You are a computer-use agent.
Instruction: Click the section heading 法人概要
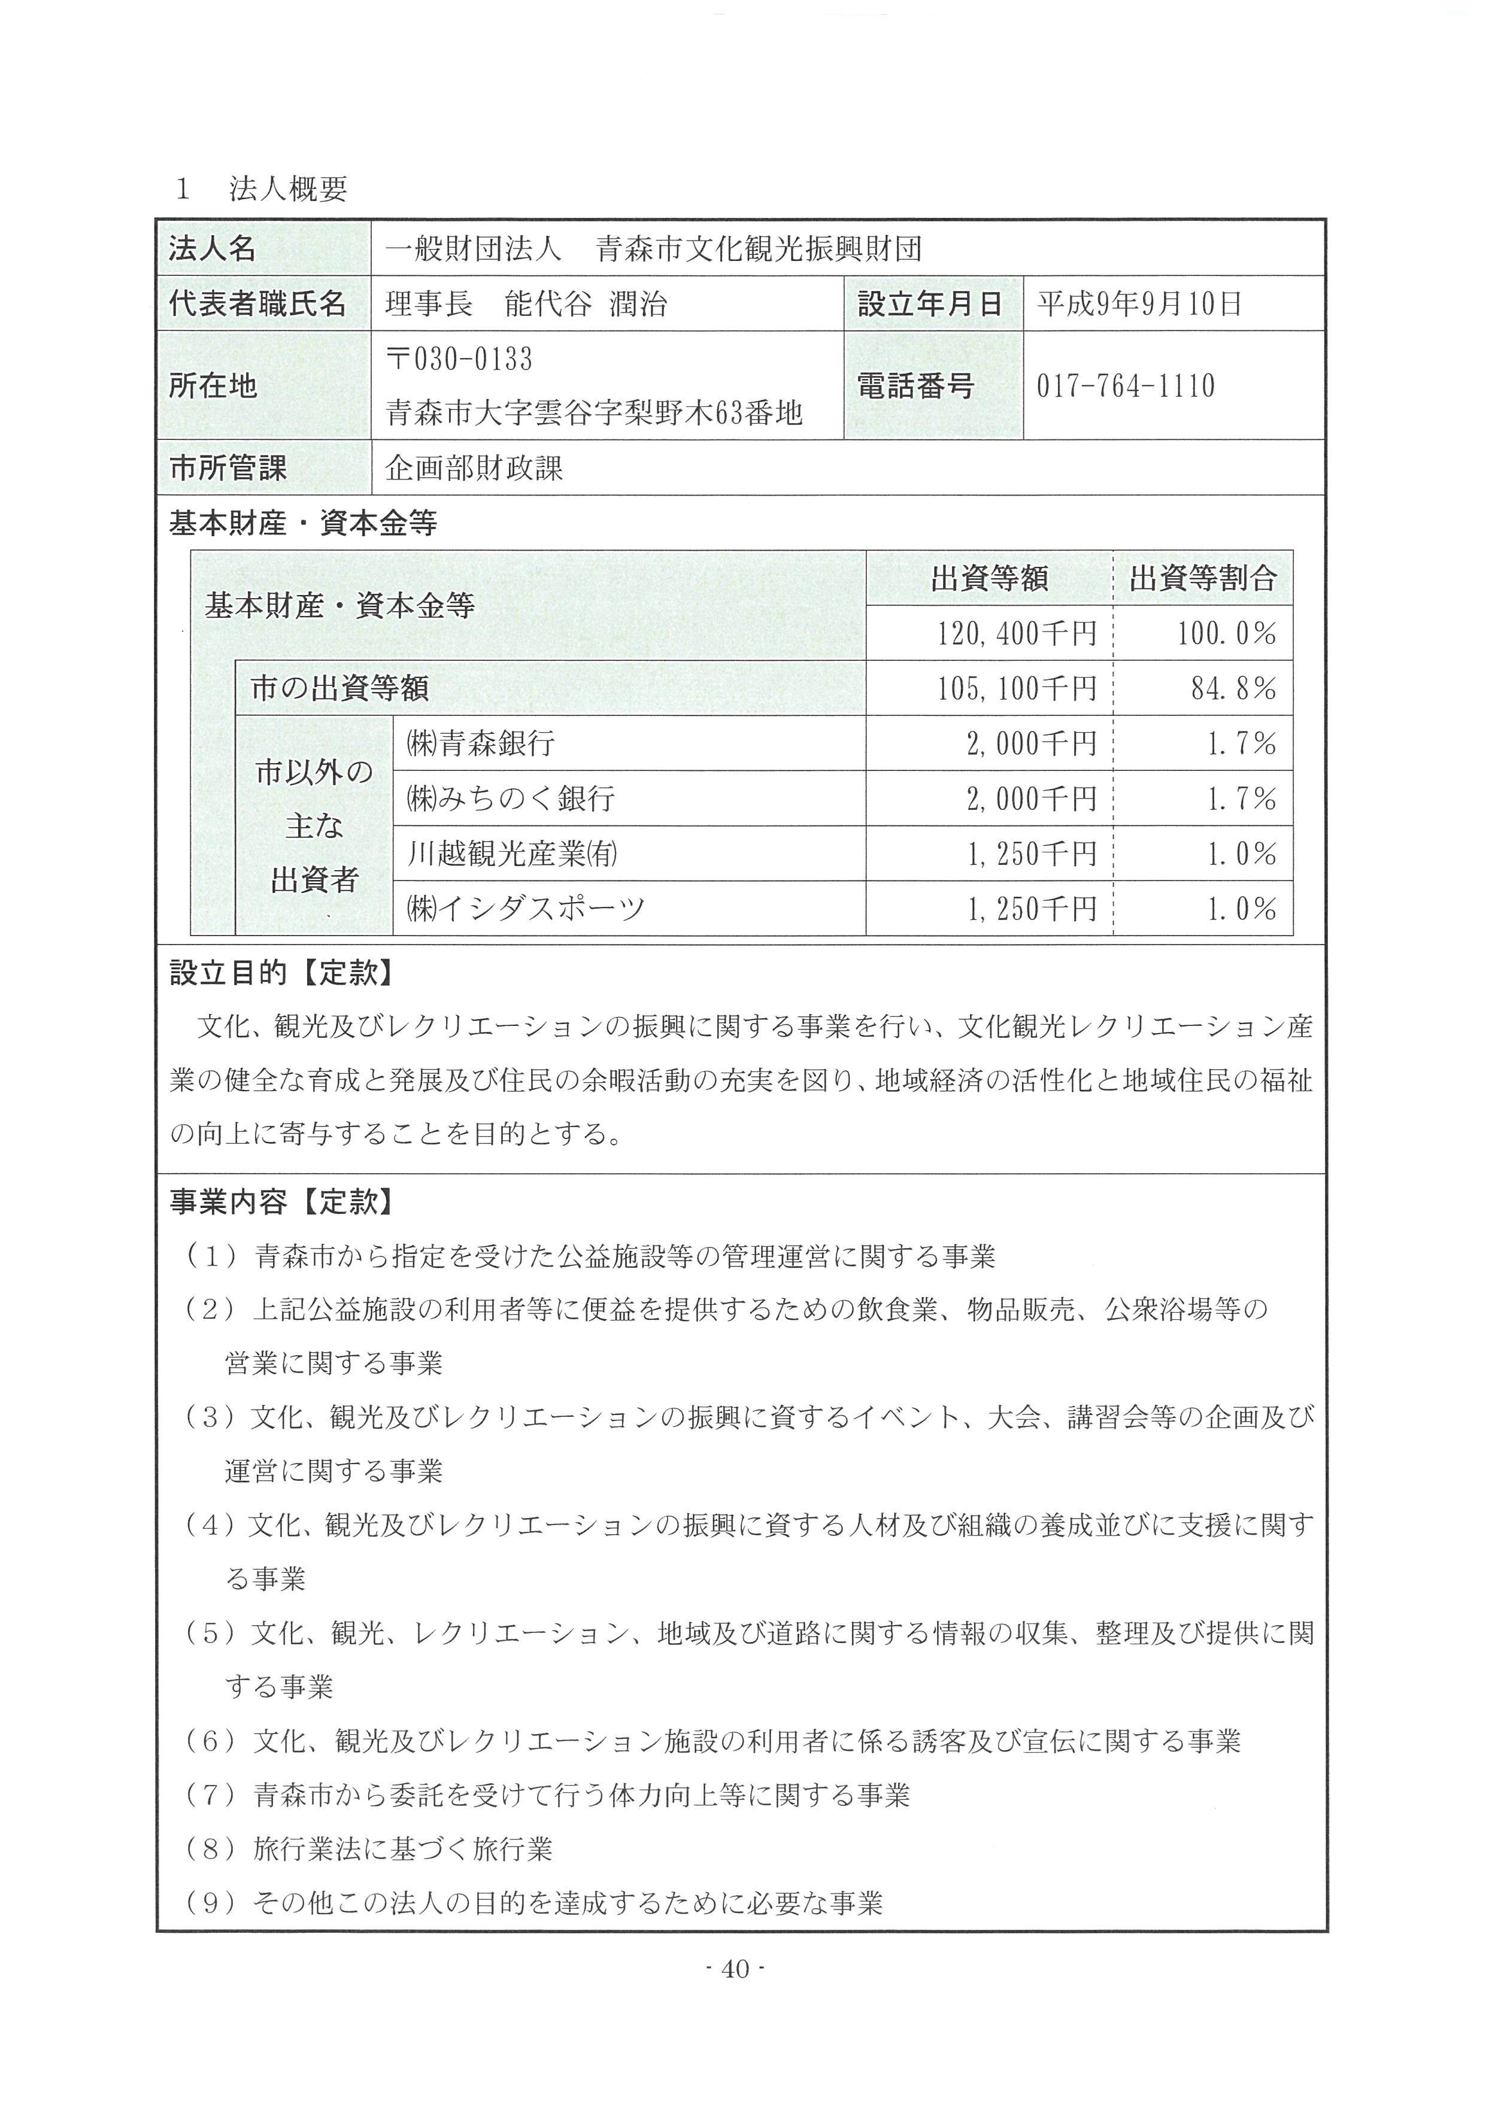[x=288, y=189]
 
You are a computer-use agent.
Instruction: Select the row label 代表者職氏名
[x=257, y=303]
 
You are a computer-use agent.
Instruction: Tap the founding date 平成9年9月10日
[x=1139, y=303]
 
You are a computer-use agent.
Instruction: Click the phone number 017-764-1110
[x=1126, y=385]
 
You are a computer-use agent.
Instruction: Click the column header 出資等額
[x=988, y=578]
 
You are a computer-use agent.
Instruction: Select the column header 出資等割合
[x=1202, y=578]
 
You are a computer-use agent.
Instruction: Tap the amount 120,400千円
[x=1015, y=633]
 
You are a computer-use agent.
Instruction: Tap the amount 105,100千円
[x=1015, y=688]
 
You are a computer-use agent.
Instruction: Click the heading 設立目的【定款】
[x=282, y=973]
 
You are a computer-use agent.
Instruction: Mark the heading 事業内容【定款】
[x=282, y=1201]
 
